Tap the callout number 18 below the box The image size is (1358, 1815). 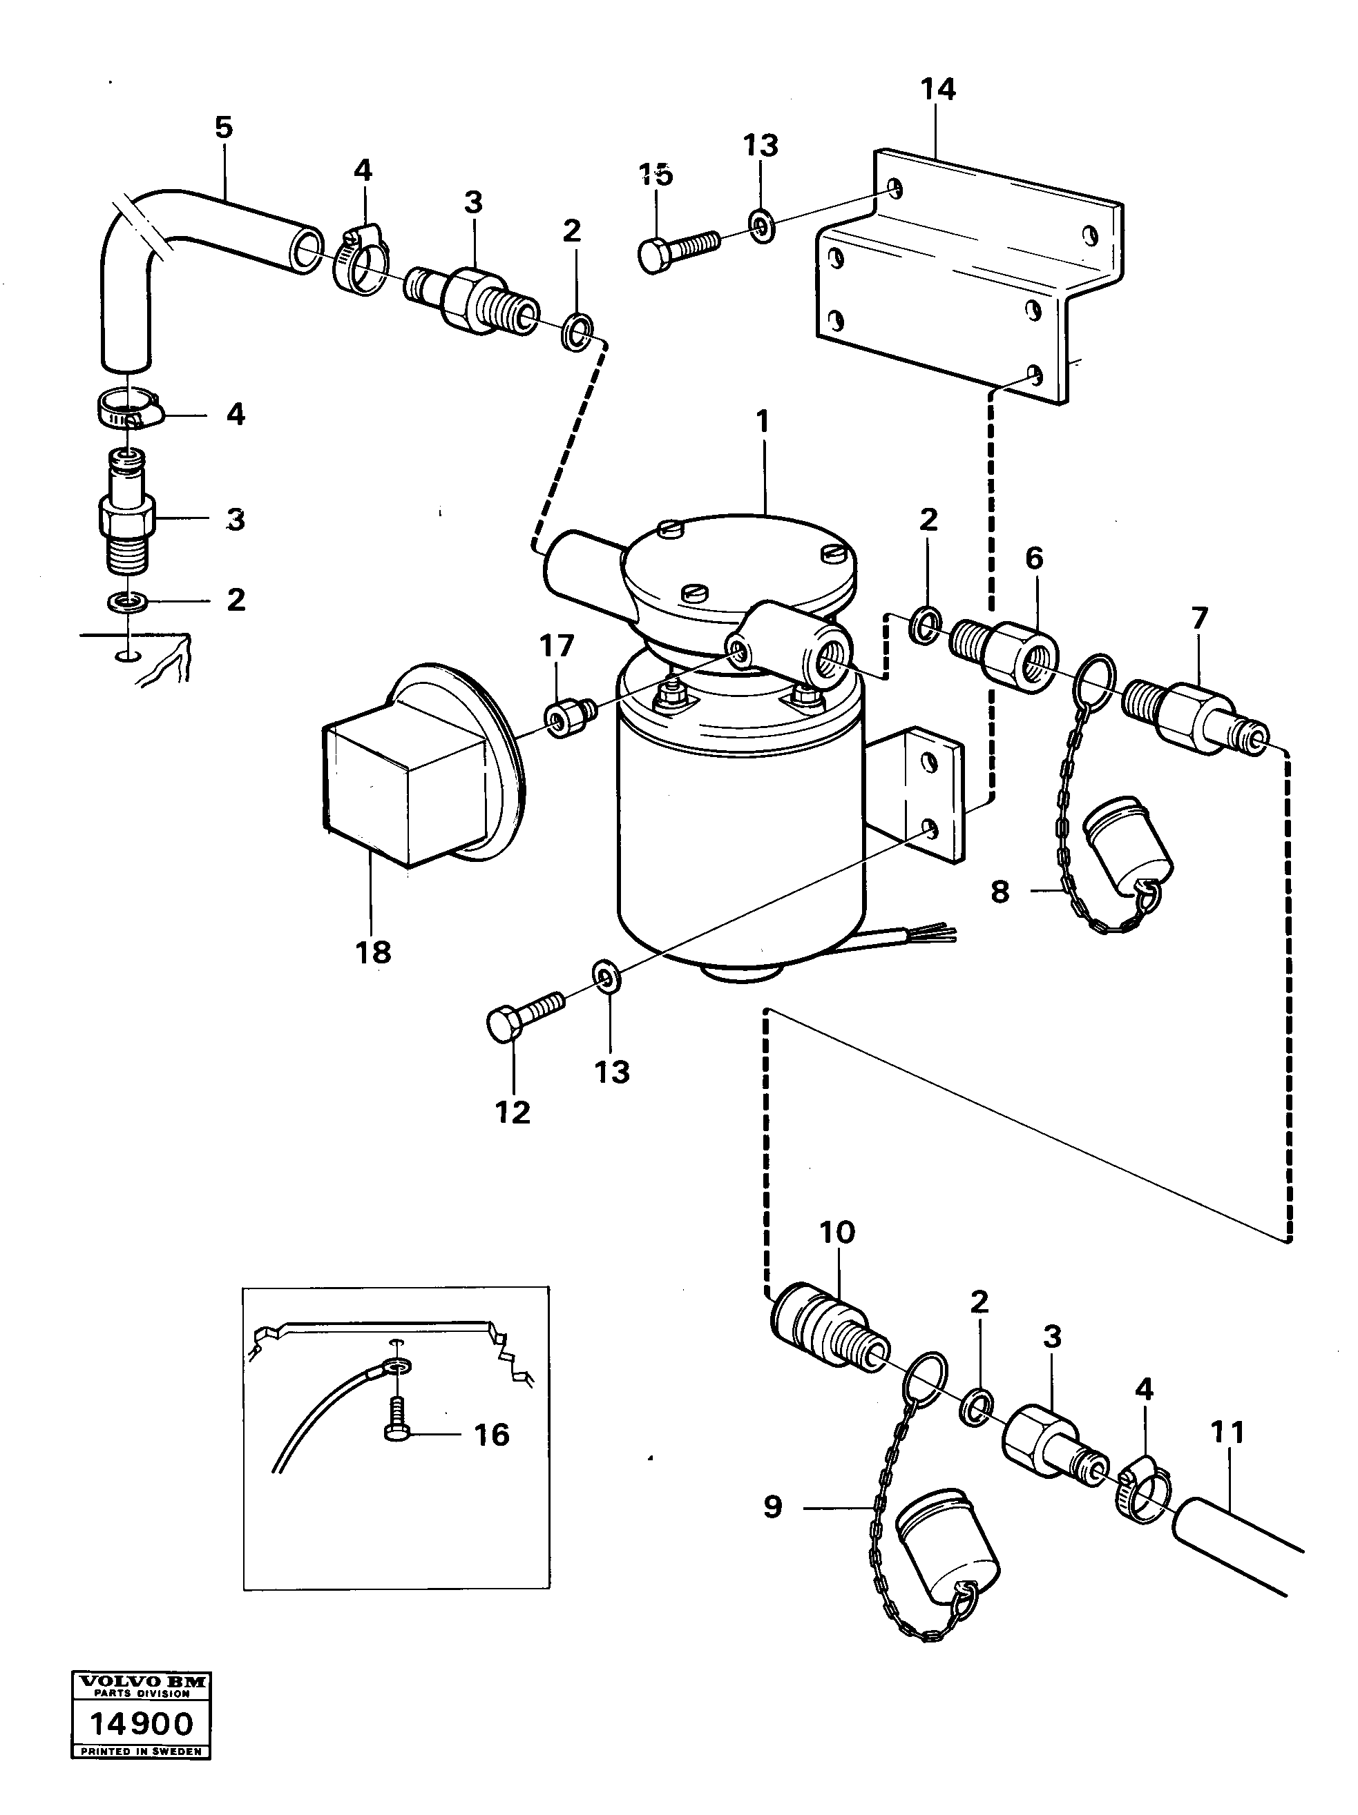tap(373, 952)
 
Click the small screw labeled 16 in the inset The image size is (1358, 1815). tap(396, 1429)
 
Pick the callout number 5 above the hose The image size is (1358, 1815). tap(223, 127)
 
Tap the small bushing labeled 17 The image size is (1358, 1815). tap(568, 720)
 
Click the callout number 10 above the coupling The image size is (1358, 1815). tap(836, 1254)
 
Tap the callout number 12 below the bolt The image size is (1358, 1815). tap(513, 1112)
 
